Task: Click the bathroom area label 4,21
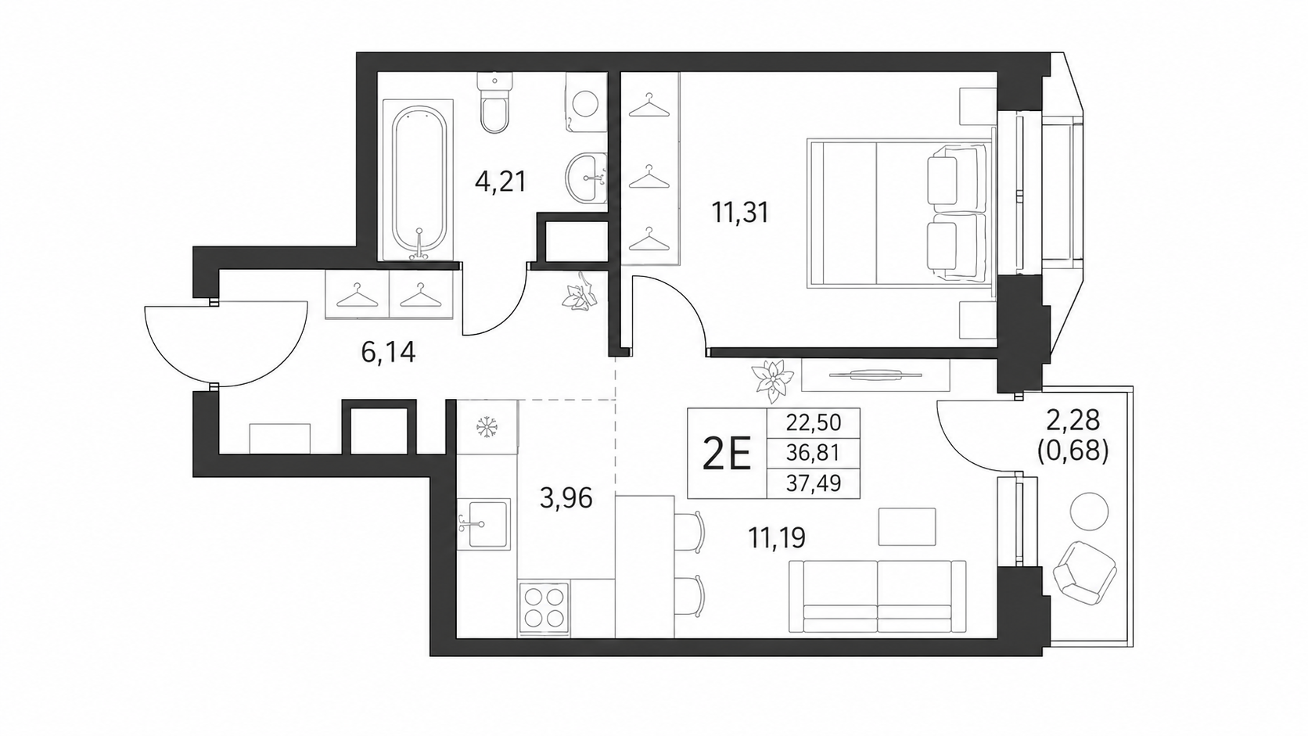click(x=501, y=182)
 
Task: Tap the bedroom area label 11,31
click(x=740, y=213)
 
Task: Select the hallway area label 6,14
click(x=388, y=353)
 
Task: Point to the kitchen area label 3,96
click(x=566, y=498)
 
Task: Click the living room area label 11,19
click(x=777, y=537)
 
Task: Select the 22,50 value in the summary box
click(x=814, y=422)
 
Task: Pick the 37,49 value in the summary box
click(x=814, y=483)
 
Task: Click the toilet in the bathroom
click(x=495, y=102)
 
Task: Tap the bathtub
click(x=418, y=181)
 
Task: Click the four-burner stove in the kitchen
click(x=544, y=607)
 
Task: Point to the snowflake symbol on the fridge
click(x=487, y=427)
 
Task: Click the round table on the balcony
click(x=1089, y=512)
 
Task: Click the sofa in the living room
click(x=877, y=597)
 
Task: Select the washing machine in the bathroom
click(x=585, y=102)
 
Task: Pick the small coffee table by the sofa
click(x=907, y=526)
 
